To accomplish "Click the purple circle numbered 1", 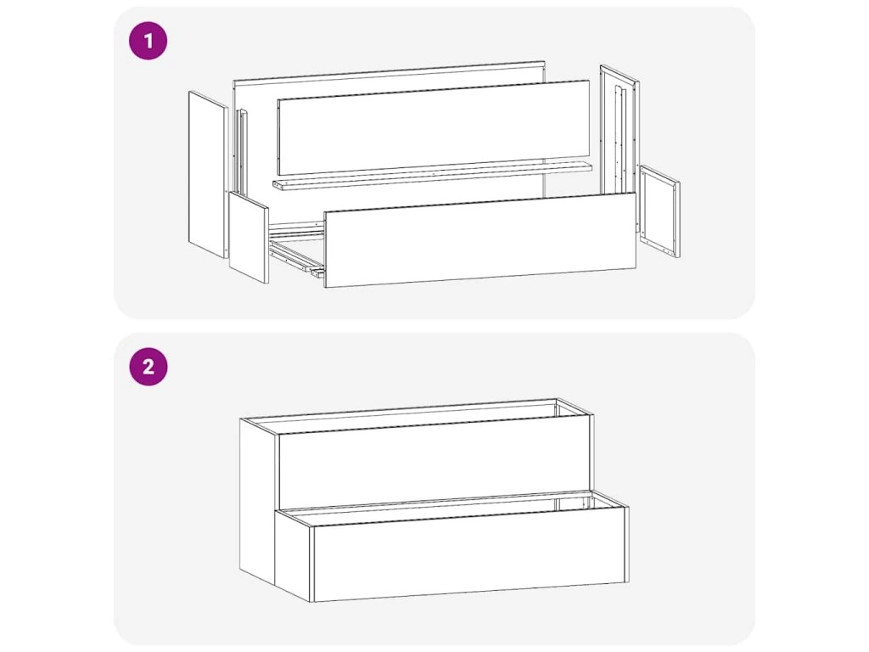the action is (148, 41).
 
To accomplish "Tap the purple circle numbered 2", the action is (148, 367).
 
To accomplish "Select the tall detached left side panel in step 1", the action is (209, 174).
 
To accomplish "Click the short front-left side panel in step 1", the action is (249, 238).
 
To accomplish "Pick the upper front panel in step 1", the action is (434, 127).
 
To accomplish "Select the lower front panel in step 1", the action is (480, 239).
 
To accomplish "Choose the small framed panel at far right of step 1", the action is (659, 211).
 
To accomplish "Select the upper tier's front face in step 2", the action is (433, 463).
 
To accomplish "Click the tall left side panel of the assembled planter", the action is (258, 502).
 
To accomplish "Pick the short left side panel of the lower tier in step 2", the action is (294, 555).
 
